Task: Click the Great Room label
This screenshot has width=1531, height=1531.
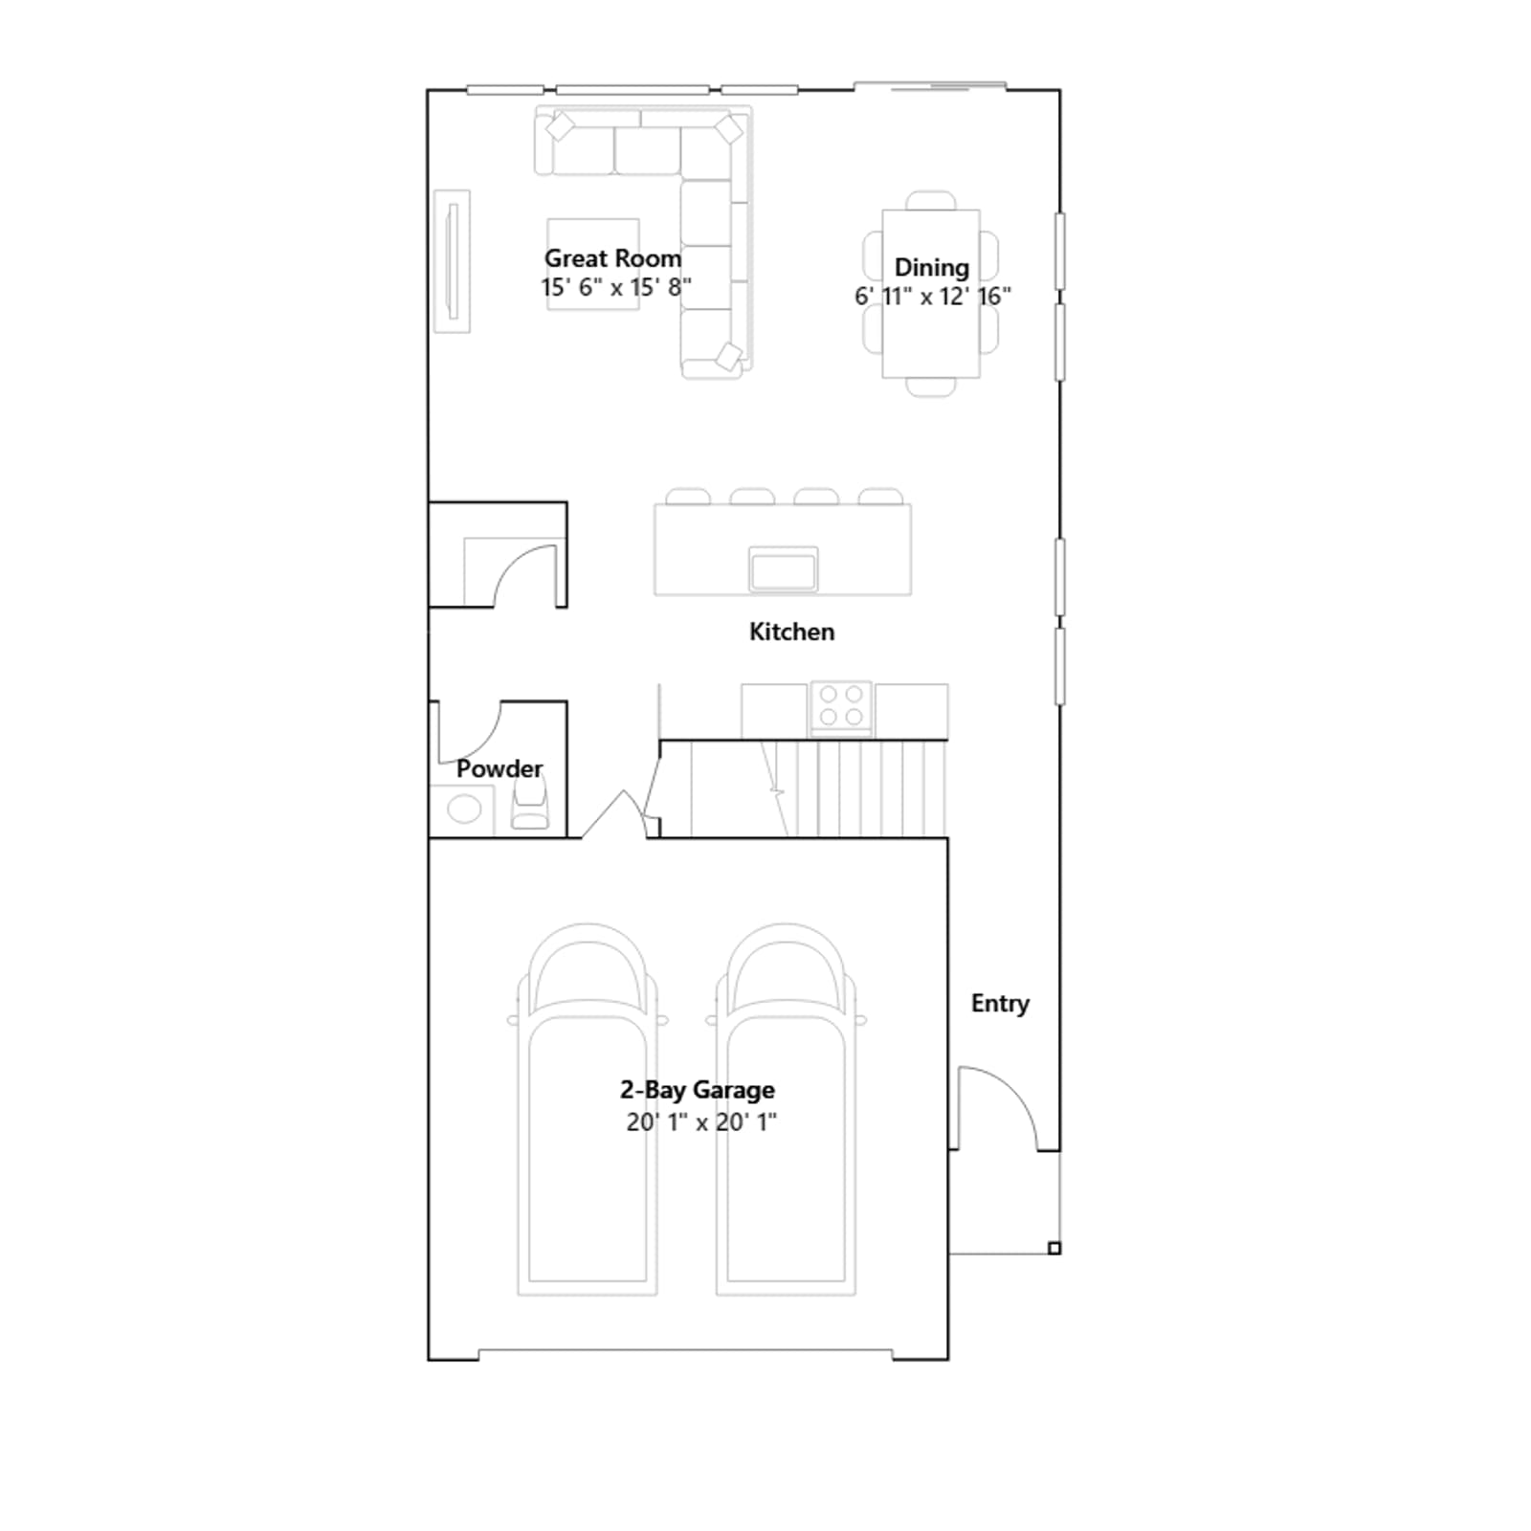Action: coord(612,258)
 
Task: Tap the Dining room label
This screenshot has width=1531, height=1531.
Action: coord(931,268)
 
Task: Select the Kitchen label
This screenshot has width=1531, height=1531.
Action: coord(791,632)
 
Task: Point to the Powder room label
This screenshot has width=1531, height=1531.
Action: coord(499,768)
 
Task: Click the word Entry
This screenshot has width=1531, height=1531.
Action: coord(1000,1004)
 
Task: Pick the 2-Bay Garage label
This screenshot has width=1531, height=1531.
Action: coord(698,1090)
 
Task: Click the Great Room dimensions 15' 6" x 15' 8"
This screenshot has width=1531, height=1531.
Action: coord(615,287)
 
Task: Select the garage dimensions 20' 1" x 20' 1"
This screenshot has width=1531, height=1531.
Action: coord(701,1121)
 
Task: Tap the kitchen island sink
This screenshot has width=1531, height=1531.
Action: coord(784,569)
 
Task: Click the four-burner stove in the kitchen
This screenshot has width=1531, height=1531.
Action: coord(841,707)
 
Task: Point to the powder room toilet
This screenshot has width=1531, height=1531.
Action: coord(530,803)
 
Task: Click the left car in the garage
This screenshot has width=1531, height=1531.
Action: coord(588,1109)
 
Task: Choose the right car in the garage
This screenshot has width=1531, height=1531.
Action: coord(786,1109)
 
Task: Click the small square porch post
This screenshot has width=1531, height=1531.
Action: coord(1054,1248)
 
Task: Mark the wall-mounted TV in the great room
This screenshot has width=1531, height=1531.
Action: coord(453,261)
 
